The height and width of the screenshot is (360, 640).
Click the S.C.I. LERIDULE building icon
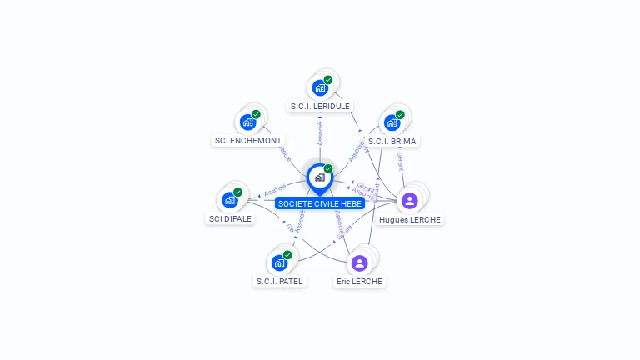(319, 87)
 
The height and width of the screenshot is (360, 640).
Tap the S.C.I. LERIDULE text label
(320, 107)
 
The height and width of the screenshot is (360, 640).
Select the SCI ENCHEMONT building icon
(247, 122)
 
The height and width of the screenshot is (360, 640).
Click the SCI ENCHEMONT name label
(248, 141)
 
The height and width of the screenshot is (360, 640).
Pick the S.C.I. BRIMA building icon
(392, 122)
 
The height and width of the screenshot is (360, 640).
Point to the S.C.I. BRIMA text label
(392, 142)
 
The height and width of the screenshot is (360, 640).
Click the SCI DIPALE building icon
(229, 200)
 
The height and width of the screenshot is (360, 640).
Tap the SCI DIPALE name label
(229, 219)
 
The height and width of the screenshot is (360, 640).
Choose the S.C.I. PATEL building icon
(279, 262)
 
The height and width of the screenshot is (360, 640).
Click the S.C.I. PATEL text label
(279, 282)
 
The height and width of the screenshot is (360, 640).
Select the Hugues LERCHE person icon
(409, 201)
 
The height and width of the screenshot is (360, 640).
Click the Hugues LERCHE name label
(409, 220)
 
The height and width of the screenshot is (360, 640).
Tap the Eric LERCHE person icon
(359, 263)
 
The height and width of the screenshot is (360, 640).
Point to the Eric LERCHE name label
(359, 282)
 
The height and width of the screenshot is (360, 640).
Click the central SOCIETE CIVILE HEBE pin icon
(319, 177)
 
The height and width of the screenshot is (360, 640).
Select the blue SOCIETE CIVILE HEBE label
(320, 203)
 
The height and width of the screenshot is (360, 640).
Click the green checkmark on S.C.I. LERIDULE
(328, 80)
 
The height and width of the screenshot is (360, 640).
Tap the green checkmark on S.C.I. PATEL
(287, 255)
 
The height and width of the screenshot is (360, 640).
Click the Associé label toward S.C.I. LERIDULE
(320, 133)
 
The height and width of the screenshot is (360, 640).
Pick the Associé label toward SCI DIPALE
(275, 188)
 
